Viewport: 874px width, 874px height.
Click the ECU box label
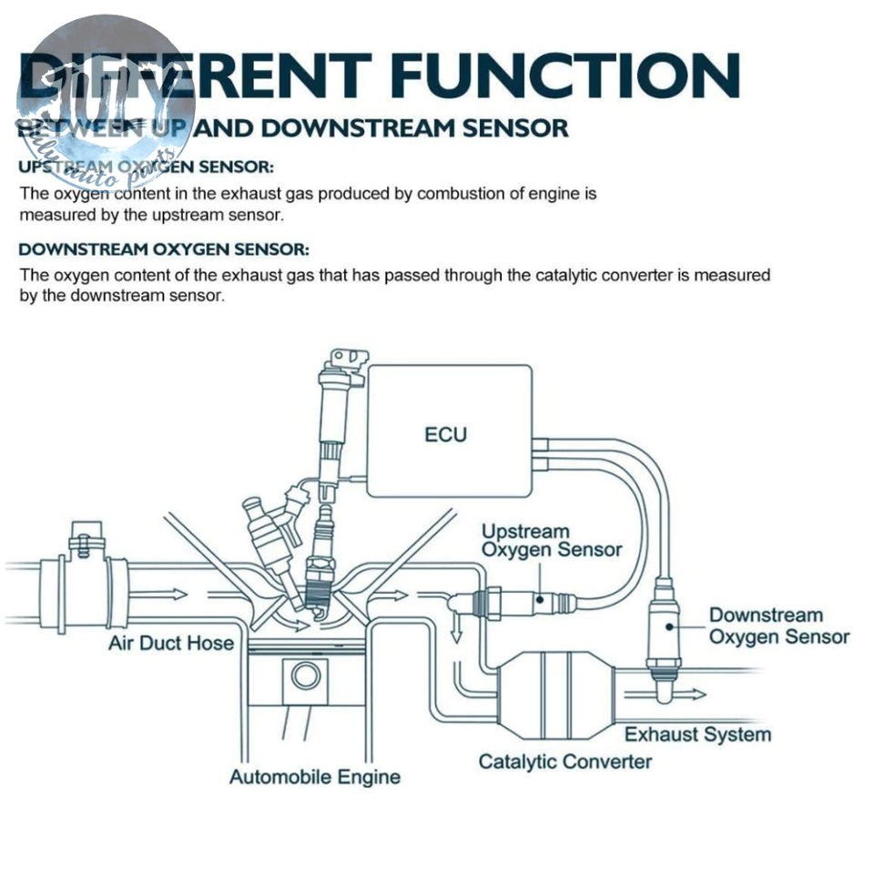pyautogui.click(x=445, y=434)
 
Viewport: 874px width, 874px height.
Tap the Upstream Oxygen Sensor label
pyautogui.click(x=551, y=540)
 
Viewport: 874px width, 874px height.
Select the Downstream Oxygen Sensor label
pyautogui.click(x=778, y=626)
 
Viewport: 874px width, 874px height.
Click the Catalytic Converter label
pyautogui.click(x=564, y=761)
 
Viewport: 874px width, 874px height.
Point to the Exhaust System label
pyautogui.click(x=697, y=734)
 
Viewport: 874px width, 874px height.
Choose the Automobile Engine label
pyautogui.click(x=314, y=777)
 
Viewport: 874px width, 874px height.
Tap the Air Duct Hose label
pyautogui.click(x=171, y=644)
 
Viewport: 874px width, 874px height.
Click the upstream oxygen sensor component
pyautogui.click(x=528, y=601)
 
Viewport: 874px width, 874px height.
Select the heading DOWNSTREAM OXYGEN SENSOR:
pyautogui.click(x=164, y=249)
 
